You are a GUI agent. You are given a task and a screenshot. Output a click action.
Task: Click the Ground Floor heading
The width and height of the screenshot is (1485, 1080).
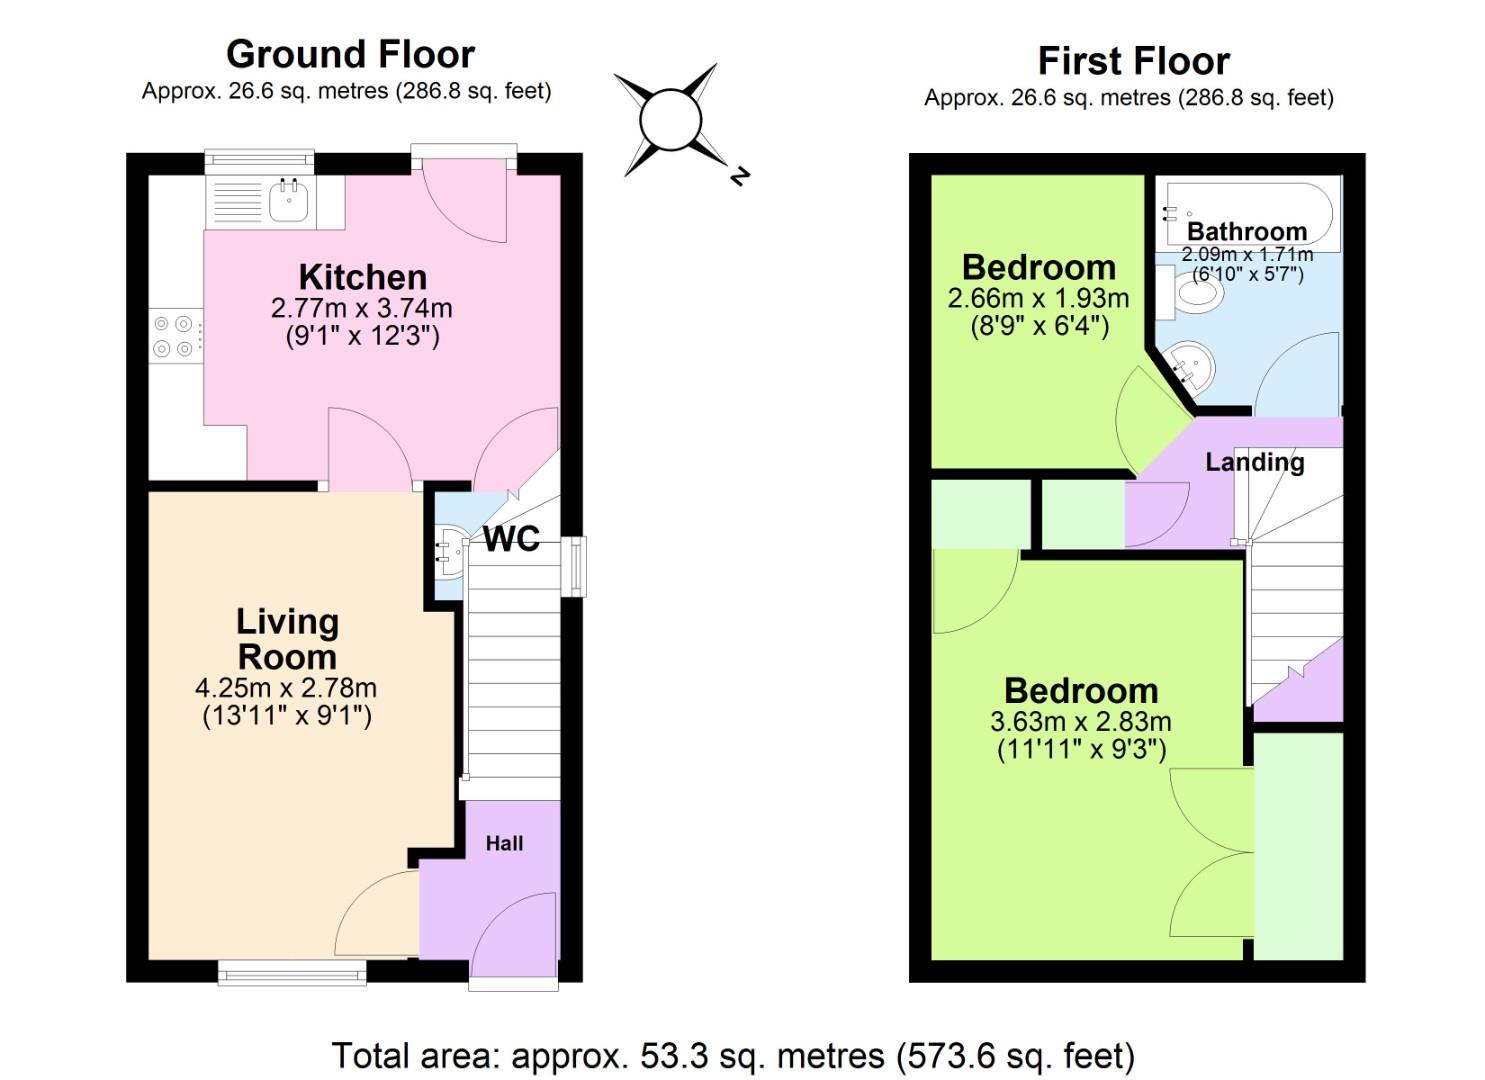coord(350,54)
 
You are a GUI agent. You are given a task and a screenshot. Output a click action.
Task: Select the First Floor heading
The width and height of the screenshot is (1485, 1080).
coord(1133,61)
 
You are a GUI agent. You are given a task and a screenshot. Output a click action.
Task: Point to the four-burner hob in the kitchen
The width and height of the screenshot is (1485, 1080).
coord(173,336)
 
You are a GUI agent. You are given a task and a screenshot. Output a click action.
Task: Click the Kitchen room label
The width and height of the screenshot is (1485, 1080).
coord(363,277)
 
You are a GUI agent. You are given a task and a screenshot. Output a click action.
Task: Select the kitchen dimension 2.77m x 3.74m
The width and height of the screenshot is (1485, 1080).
coord(362,308)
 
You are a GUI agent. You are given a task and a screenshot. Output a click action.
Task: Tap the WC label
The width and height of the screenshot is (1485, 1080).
coord(511,539)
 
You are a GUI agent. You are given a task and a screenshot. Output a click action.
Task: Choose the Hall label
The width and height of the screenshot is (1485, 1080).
coord(504,843)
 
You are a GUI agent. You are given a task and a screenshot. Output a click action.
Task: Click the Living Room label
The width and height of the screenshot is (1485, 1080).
coord(287,639)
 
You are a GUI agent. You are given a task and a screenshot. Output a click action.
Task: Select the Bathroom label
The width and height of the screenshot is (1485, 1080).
coord(1246,232)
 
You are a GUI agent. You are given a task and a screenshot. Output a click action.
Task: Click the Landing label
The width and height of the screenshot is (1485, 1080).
coord(1254,462)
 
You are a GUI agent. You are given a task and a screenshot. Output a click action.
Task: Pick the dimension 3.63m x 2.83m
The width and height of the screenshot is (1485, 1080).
coord(1080,721)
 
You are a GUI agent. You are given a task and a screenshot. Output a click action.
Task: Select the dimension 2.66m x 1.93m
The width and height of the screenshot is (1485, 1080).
coord(1038,298)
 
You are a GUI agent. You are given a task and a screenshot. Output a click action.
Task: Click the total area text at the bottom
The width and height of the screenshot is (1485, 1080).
coord(732,1055)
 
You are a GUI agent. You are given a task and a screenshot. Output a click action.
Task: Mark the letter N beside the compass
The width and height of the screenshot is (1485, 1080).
coord(739,177)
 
